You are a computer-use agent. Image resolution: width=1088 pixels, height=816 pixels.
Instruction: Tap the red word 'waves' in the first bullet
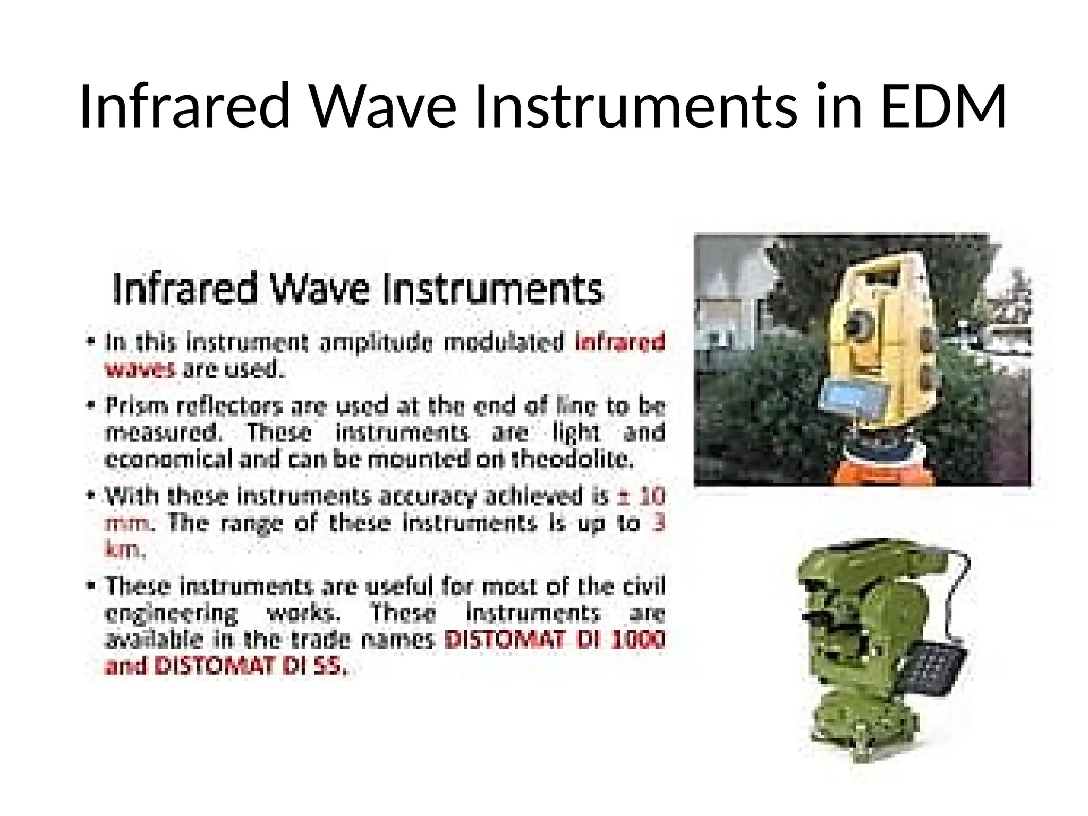140,369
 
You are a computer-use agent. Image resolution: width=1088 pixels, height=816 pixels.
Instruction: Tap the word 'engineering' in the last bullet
172,614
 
